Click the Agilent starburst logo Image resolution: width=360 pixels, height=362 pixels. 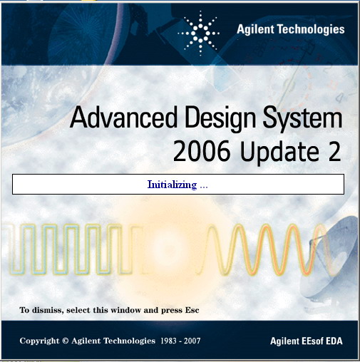click(x=199, y=33)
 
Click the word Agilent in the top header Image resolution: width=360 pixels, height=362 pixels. click(x=255, y=30)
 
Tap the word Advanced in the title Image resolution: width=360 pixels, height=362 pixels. click(x=124, y=118)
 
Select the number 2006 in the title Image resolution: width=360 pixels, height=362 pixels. click(x=202, y=151)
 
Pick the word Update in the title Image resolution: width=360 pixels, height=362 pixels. click(x=279, y=152)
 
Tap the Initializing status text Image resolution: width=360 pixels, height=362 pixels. click(x=178, y=185)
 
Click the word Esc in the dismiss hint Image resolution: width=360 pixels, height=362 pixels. click(x=192, y=310)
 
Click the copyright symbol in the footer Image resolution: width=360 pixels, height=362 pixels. click(x=65, y=341)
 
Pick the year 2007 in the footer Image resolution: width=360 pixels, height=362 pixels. click(x=192, y=341)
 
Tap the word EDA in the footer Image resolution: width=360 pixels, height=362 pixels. click(x=334, y=341)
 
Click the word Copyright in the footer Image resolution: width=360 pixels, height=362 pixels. click(x=39, y=341)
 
